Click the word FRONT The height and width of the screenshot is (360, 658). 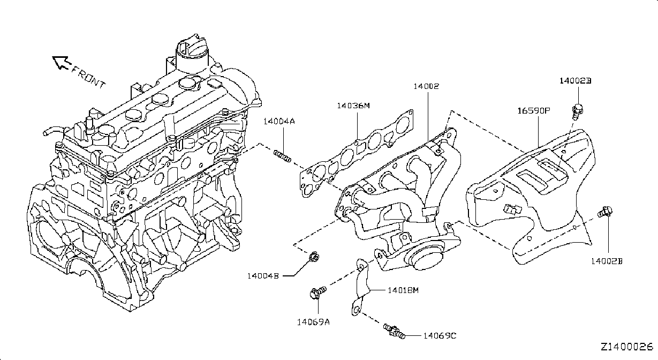point(88,78)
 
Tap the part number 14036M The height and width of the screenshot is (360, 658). point(353,106)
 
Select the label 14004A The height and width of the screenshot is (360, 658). point(279,121)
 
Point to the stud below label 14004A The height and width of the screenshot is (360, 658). point(283,156)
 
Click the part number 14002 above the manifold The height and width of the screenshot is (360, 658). point(426,86)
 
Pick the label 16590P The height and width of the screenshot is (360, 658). point(533,111)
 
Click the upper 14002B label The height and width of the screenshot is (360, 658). point(575,81)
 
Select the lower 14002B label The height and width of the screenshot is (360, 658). point(607,261)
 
